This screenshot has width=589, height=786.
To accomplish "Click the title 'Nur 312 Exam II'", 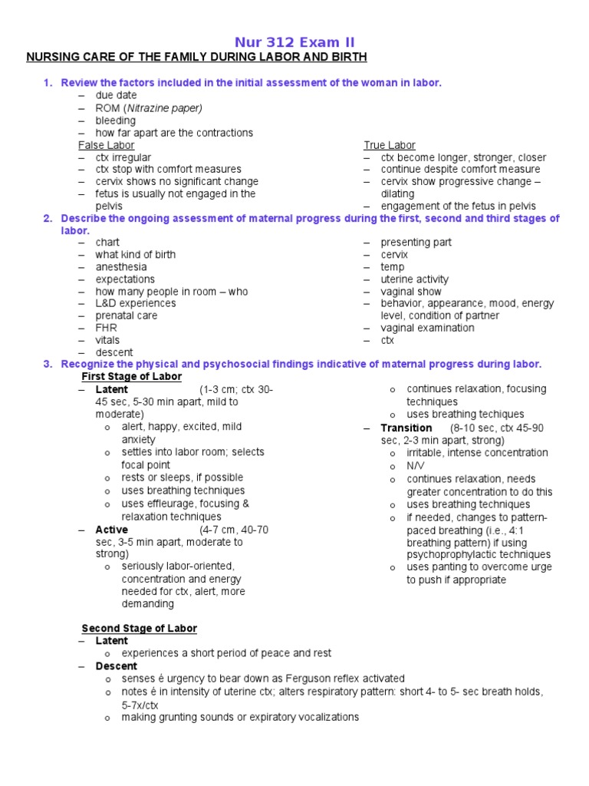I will pyautogui.click(x=294, y=42).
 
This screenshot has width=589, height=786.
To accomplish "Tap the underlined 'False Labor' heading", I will pyautogui.click(x=107, y=145).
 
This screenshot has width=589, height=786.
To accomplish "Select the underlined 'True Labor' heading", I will pyautogui.click(x=390, y=145).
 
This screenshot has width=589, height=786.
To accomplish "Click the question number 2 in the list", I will pyautogui.click(x=48, y=219).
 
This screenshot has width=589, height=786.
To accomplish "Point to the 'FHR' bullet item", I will pyautogui.click(x=106, y=328).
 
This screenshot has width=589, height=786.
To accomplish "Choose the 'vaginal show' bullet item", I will pyautogui.click(x=411, y=292).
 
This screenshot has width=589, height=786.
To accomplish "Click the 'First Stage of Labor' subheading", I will pyautogui.click(x=131, y=377).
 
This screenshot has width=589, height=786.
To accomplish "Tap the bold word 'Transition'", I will pyautogui.click(x=406, y=428).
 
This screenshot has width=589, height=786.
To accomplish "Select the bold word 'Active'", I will pyautogui.click(x=111, y=530).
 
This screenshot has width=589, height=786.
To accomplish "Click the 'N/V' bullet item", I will pyautogui.click(x=415, y=466).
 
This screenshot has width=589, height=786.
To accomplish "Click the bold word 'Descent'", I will pyautogui.click(x=116, y=665).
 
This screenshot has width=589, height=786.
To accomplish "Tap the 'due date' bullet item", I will pyautogui.click(x=116, y=95).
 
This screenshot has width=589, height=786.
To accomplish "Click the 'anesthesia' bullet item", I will pyautogui.click(x=120, y=267).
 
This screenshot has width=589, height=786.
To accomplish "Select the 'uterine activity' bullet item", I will pyautogui.click(x=415, y=279).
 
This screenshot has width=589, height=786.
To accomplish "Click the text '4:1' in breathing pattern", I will pyautogui.click(x=540, y=530).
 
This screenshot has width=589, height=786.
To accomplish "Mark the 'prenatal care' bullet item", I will pyautogui.click(x=126, y=315).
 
